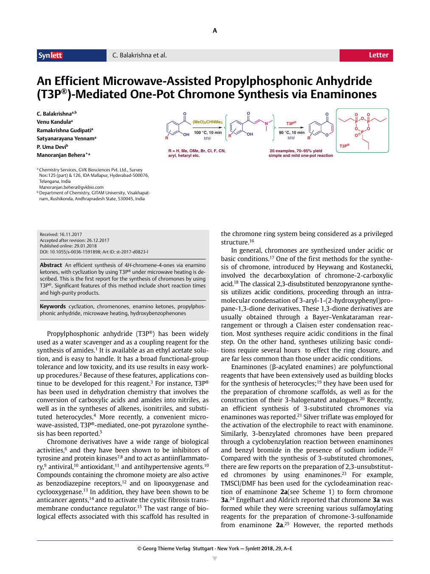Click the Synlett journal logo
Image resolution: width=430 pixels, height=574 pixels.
coord(51,55)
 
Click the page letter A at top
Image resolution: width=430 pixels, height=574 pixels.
coord(215,31)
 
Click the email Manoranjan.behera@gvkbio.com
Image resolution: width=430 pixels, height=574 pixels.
coord(71,187)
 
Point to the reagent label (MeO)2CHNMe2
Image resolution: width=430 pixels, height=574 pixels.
coord(208,122)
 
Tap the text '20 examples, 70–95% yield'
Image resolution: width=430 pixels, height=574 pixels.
coord(296,151)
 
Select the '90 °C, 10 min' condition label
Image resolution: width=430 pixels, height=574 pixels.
coord(291,132)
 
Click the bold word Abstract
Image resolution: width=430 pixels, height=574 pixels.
coord(51,265)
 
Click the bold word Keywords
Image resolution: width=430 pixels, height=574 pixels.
coord(53,306)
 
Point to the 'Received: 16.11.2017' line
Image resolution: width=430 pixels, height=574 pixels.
coord(61,234)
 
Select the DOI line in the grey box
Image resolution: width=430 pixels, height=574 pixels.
coord(94,252)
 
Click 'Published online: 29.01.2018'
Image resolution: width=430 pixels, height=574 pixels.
coord(68,246)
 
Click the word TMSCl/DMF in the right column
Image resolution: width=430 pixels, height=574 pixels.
coord(239,483)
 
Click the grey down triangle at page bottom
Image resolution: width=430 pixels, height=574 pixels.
coord(215,558)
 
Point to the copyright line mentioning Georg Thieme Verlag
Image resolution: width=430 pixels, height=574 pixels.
coord(215,548)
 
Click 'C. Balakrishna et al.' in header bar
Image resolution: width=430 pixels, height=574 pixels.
coord(139,55)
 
